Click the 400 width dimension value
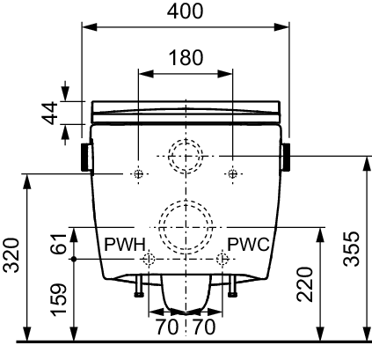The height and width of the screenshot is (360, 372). pyautogui.click(x=185, y=11)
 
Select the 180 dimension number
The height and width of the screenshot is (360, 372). pyautogui.click(x=186, y=57)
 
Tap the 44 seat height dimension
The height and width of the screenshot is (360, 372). pyautogui.click(x=50, y=114)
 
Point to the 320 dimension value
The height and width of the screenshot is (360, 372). pyautogui.click(x=11, y=255)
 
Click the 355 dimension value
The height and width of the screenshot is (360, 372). pyautogui.click(x=351, y=249)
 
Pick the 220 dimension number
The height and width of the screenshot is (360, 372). pyautogui.click(x=304, y=284)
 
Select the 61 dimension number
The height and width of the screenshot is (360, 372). pyautogui.click(x=58, y=244)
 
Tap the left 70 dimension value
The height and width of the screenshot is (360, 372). pyautogui.click(x=166, y=327)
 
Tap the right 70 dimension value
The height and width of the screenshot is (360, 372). pyautogui.click(x=204, y=327)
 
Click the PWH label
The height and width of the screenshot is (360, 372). pyautogui.click(x=125, y=244)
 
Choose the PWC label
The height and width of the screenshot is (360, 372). pyautogui.click(x=248, y=244)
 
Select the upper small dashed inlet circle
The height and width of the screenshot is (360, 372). pyautogui.click(x=186, y=139)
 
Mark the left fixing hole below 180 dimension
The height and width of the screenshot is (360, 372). pyautogui.click(x=139, y=174)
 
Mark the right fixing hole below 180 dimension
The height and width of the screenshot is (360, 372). pyautogui.click(x=233, y=174)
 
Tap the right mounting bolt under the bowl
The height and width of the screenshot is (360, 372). pyautogui.click(x=232, y=286)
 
